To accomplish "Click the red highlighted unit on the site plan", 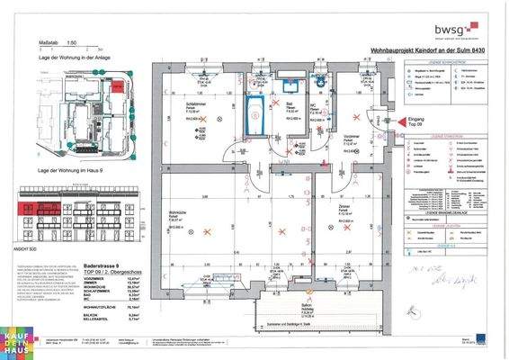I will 116,83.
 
